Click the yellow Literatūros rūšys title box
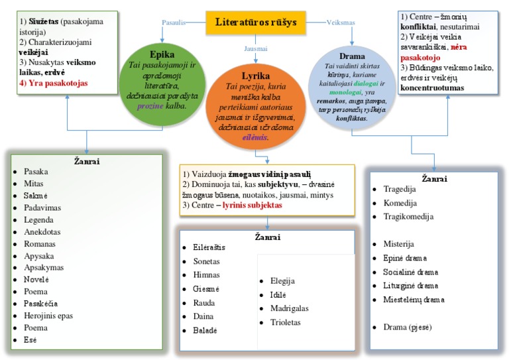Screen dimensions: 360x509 pos(256,23)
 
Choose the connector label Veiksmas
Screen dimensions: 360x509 pos(342,22)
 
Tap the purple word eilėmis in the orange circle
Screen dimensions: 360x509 pos(254,137)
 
